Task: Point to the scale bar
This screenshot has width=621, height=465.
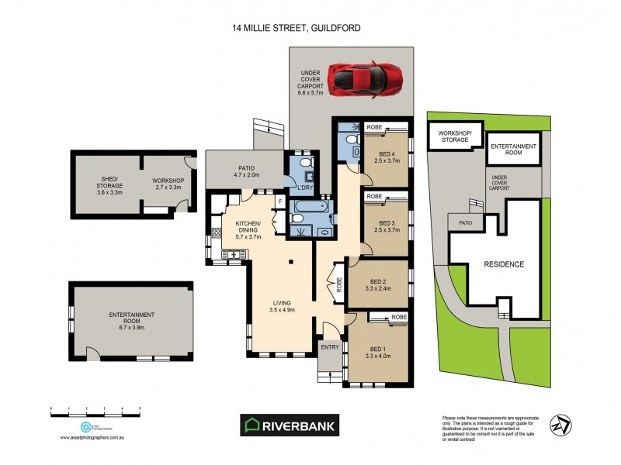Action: pos(95,409)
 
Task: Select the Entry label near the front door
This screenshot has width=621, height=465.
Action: pos(330,346)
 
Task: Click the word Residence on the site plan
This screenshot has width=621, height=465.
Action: pos(505,264)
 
